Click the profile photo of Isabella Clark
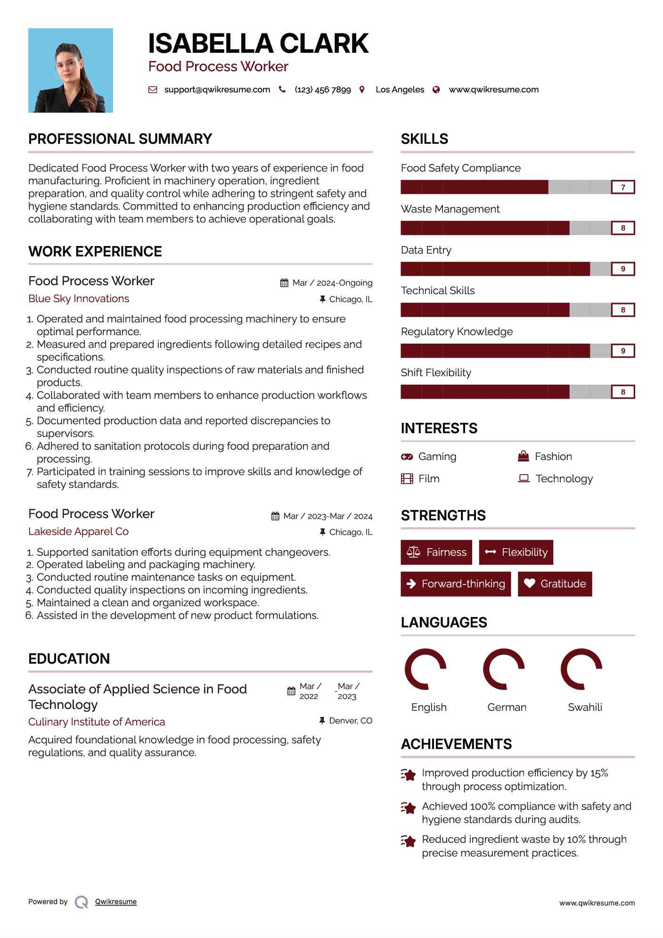tap(71, 70)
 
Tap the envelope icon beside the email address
tap(153, 90)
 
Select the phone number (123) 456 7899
tap(323, 90)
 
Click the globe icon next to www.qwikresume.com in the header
tap(436, 90)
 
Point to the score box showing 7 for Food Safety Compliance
tap(622, 187)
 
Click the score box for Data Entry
tap(622, 269)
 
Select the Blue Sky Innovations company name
tap(79, 299)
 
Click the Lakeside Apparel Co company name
tap(78, 532)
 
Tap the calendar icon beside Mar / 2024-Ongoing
tap(284, 283)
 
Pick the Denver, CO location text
tap(351, 721)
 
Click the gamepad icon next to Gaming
tap(407, 457)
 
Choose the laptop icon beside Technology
tap(524, 478)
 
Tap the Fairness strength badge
tap(436, 552)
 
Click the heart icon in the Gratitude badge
tap(529, 584)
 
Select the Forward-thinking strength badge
tap(456, 584)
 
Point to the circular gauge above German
tap(504, 669)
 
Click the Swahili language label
tap(585, 707)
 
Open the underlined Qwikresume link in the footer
tap(116, 902)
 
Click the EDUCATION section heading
tap(69, 658)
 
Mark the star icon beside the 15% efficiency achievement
tap(408, 774)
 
